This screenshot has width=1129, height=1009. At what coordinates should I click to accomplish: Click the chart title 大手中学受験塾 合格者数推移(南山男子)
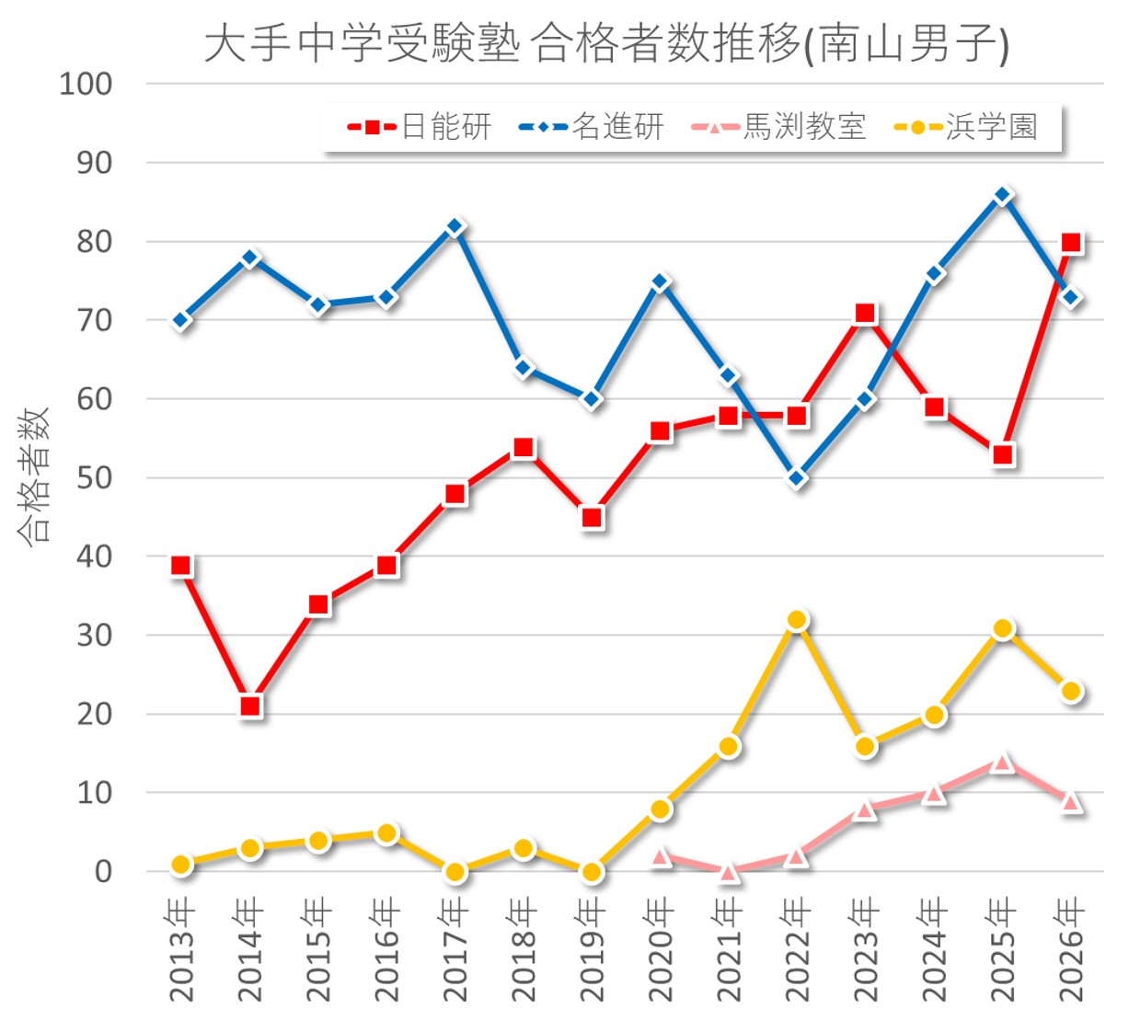[606, 43]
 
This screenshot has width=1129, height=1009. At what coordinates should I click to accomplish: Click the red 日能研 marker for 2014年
[250, 706]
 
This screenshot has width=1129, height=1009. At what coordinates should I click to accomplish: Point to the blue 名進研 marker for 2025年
[1003, 195]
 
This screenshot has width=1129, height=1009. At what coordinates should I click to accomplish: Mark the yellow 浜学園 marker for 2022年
[797, 620]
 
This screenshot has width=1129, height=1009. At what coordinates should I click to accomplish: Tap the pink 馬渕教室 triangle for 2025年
[1003, 762]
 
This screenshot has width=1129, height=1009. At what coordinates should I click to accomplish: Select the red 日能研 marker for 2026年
[1071, 243]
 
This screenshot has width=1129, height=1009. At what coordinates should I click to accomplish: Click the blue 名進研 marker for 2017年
[455, 226]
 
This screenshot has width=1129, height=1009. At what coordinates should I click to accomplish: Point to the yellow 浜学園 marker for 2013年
[181, 864]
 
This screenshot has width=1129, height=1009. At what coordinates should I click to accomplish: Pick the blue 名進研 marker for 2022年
[797, 478]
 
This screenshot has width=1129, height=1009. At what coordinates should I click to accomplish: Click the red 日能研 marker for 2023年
[865, 314]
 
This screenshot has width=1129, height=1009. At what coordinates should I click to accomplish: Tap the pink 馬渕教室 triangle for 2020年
[661, 857]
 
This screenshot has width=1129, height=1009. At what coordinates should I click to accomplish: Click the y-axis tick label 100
[86, 84]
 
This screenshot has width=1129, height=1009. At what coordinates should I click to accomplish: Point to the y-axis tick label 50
[93, 477]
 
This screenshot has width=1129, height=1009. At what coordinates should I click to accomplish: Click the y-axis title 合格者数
[34, 476]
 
